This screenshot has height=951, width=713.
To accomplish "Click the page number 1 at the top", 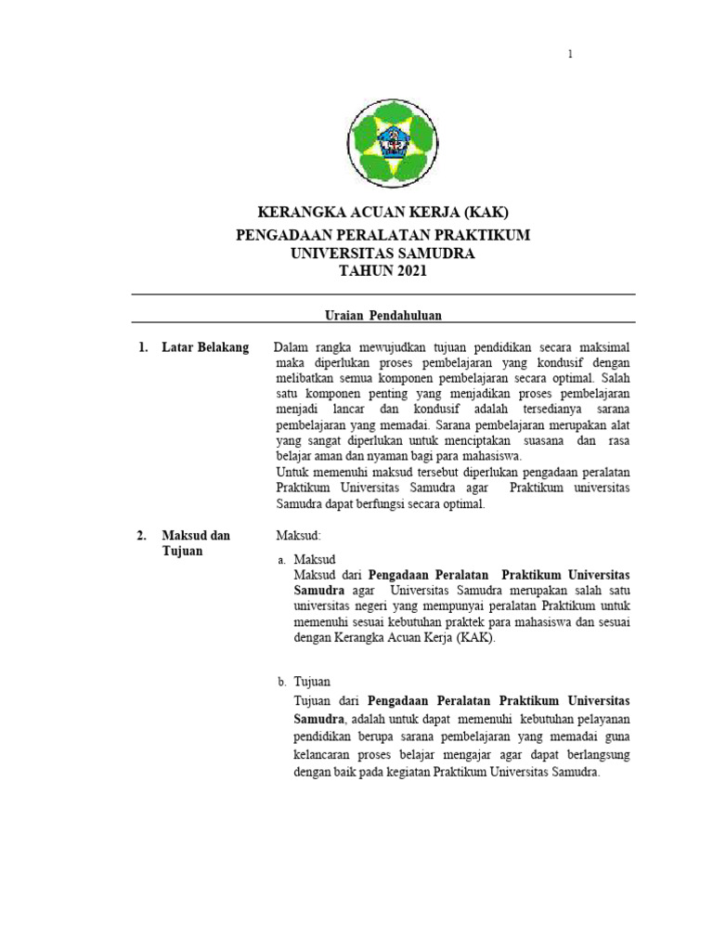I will click(571, 55).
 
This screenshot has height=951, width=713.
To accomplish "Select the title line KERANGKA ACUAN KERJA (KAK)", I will click(383, 213).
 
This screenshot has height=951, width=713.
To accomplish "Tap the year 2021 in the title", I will click(411, 270).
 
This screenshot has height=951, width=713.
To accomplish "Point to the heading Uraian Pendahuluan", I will click(383, 316).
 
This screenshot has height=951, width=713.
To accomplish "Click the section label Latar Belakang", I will click(205, 347).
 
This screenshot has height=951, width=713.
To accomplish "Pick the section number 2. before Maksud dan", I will click(142, 536).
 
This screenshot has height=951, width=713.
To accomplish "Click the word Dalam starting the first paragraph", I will click(291, 347).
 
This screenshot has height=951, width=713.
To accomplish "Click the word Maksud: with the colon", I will click(298, 536).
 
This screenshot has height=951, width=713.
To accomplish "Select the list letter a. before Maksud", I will click(281, 560).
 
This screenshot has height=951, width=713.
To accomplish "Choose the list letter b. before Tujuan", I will click(281, 681).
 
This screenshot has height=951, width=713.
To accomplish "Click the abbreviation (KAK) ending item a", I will click(475, 638).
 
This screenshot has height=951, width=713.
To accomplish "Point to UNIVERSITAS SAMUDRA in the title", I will click(383, 253).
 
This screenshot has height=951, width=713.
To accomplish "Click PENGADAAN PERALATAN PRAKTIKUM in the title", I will click(383, 235).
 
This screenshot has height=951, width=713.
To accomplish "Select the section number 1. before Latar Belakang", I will click(142, 347).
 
